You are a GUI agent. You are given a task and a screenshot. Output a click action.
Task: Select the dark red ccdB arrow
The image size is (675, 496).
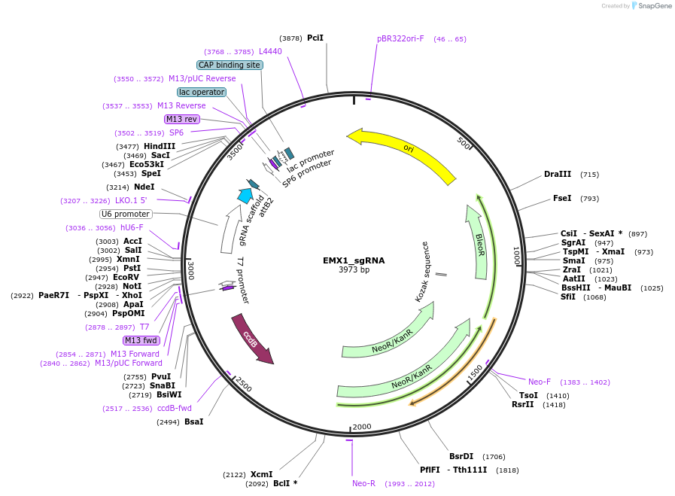coord(251,340)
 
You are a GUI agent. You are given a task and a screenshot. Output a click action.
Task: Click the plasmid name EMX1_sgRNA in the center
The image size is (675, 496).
coord(354,260)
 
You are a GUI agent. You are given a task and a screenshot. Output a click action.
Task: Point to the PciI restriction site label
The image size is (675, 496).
coord(315,38)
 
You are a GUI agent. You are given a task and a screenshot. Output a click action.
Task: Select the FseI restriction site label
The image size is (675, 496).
coord(562,199)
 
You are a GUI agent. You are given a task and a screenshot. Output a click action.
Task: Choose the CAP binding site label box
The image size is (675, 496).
coord(230,65)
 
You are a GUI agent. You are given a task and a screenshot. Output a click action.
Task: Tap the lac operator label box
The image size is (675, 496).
coord(202,92)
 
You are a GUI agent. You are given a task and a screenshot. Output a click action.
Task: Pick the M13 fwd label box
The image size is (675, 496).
coord(141,340)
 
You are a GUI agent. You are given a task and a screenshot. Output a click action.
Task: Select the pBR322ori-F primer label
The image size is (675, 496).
coord(400,38)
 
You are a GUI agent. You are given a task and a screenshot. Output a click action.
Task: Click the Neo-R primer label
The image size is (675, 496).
coord(363,483)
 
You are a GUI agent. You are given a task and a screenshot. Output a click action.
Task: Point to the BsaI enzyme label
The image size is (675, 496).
coord(193,421)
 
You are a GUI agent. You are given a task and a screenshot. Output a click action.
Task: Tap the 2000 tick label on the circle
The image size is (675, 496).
coord(362,427)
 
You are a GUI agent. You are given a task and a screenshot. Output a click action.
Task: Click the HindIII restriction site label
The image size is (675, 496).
coord(160,146)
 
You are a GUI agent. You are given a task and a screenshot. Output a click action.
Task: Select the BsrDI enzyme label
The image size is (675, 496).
coord(461,456)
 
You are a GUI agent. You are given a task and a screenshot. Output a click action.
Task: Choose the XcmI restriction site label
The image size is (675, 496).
coord(261,474)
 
